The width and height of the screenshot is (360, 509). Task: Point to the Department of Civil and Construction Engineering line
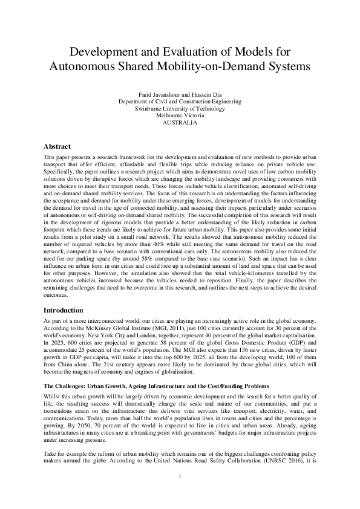[180, 102]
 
